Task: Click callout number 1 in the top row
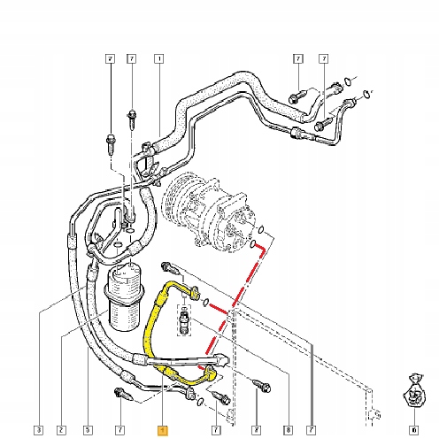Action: pos(159,60)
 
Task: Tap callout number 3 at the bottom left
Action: pos(39,431)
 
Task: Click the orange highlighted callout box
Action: pos(161,431)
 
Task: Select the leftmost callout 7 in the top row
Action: pos(110,60)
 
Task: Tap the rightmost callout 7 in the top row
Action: pos(325,60)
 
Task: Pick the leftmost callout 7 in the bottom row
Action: pos(118,431)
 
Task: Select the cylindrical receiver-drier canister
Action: pos(124,296)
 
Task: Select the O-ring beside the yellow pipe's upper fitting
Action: pos(206,303)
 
